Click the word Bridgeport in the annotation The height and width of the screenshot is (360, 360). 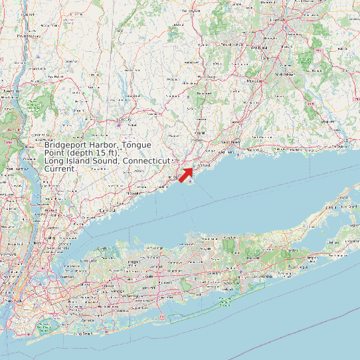point(66,145)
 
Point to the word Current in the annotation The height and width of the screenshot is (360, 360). point(60,169)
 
